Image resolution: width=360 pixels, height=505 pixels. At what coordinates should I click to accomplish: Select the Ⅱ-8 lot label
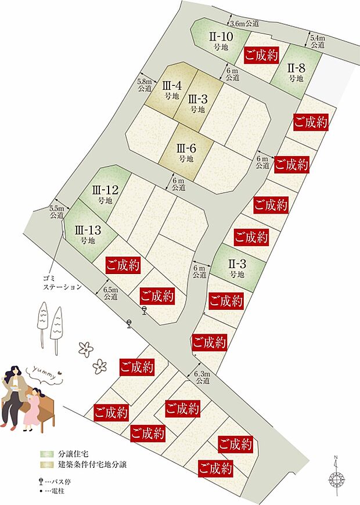(x=296, y=71)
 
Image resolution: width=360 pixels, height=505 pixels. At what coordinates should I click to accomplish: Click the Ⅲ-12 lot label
(x=105, y=194)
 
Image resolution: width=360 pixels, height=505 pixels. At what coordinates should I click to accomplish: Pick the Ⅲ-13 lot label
(x=88, y=234)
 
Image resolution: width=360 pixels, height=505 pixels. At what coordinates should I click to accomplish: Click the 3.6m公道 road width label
(x=244, y=24)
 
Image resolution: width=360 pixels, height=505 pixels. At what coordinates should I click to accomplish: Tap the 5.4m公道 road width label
(x=318, y=41)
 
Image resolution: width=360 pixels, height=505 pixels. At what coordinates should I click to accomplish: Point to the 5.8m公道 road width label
(x=145, y=86)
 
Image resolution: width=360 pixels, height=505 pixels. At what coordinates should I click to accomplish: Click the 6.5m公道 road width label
(x=110, y=293)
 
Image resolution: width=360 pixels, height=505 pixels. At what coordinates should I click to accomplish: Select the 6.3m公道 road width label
(x=203, y=377)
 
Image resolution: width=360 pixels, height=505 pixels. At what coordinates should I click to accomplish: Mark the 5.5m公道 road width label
(x=56, y=211)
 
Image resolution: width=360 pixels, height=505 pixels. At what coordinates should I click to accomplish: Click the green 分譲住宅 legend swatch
(x=46, y=453)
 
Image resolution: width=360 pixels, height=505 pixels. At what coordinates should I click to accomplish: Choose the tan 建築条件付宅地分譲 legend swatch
(x=46, y=465)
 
